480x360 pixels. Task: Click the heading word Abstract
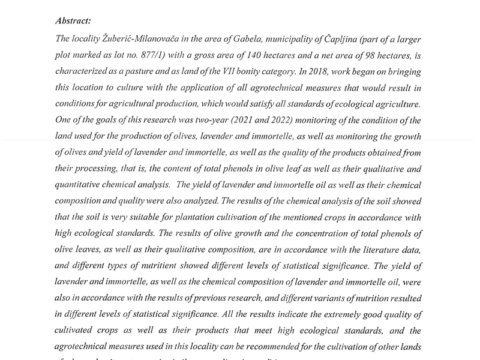[73, 21]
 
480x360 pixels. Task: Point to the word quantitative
[81, 185]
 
